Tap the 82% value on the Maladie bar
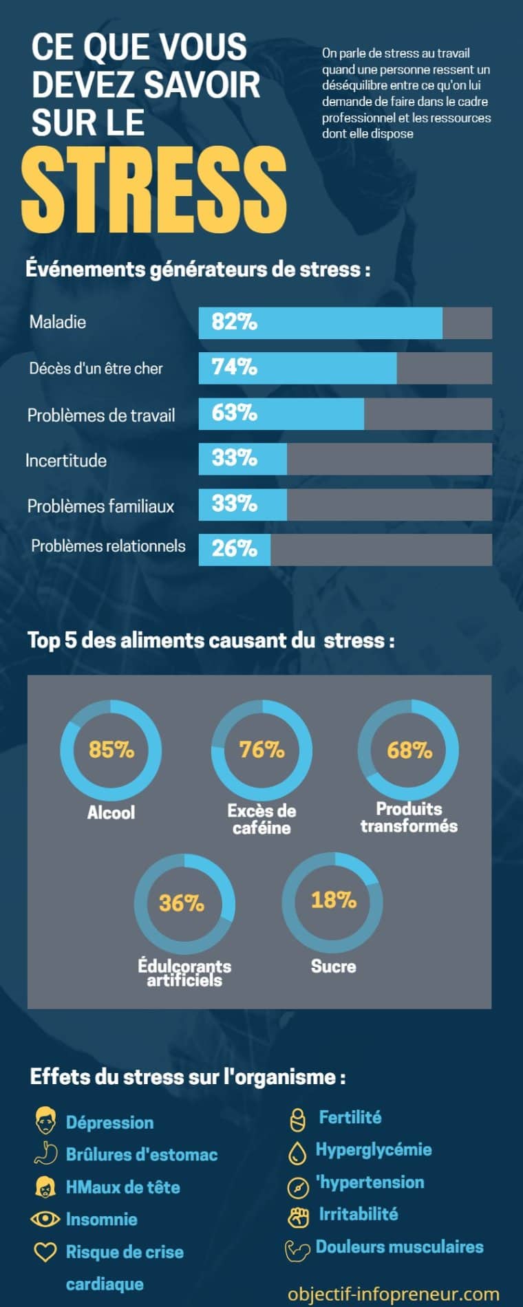coord(234,322)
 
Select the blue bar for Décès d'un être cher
coord(298,368)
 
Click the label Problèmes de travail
coord(101,415)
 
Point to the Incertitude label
coord(66,460)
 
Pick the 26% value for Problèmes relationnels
coord(234,548)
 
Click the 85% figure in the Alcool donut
coord(111,749)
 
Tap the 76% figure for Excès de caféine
coord(261,749)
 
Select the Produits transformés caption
coord(409,817)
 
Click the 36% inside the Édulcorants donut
coord(182,903)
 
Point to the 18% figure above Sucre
coord(334,900)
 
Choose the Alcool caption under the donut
coord(111,812)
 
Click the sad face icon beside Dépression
coord(45,1121)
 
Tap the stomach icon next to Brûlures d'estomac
coord(45,1154)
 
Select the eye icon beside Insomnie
coord(45,1219)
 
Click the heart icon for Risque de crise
coord(45,1251)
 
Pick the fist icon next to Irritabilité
coord(298,1216)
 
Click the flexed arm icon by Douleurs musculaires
coord(298,1249)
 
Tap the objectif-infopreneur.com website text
coord(394,1294)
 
